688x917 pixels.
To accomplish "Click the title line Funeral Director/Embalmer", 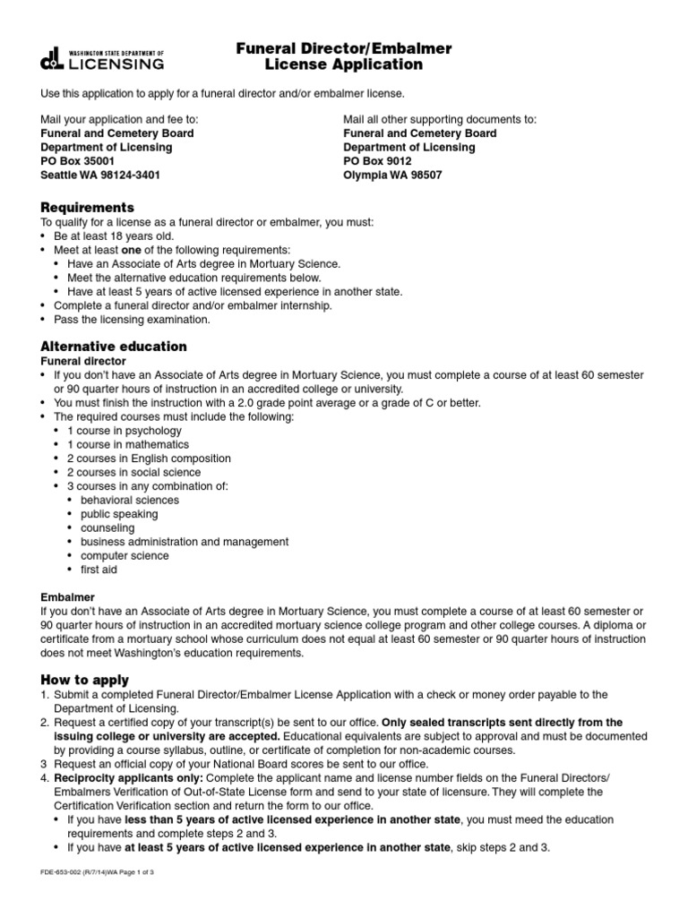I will (x=344, y=47).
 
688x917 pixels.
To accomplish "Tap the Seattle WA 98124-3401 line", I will (x=100, y=176).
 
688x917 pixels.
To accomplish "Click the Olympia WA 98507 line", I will (x=392, y=176).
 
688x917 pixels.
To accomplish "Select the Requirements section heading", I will (x=87, y=208).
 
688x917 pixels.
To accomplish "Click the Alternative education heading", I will (x=113, y=346).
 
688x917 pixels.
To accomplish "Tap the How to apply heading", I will (x=84, y=680).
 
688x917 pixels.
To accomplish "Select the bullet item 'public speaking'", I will (x=118, y=514).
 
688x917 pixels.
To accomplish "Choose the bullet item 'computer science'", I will (x=125, y=555).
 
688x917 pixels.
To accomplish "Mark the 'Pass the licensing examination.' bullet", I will (x=132, y=319).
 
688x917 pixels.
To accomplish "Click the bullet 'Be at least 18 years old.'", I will (x=114, y=236).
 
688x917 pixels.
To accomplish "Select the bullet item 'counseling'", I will (x=107, y=527).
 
